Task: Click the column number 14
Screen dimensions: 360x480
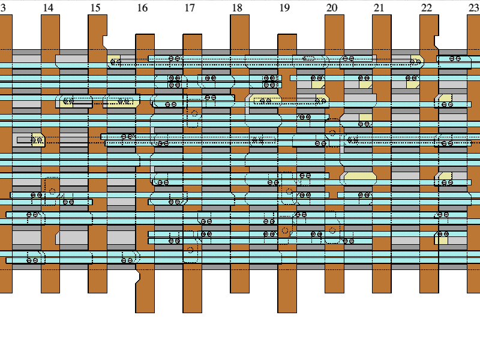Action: pos(48,8)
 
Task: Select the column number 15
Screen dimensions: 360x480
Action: pos(95,8)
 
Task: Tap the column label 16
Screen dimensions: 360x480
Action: pos(142,8)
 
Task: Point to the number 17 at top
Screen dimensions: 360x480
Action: pos(190,8)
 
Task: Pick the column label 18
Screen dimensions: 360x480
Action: pos(237,8)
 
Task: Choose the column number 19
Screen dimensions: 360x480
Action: pos(284,8)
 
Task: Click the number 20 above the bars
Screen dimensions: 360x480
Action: pos(332,8)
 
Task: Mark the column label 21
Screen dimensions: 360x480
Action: pos(379,8)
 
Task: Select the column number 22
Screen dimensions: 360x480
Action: pos(426,8)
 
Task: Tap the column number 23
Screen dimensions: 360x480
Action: pos(473,8)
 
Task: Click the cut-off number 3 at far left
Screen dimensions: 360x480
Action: pos(4,8)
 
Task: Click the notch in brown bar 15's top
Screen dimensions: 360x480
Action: pos(105,41)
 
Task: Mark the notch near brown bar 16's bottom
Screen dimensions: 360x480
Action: pos(138,277)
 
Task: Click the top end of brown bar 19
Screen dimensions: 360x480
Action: pos(287,35)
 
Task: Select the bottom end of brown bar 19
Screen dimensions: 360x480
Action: pos(287,312)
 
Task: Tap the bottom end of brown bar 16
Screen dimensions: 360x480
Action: pos(145,312)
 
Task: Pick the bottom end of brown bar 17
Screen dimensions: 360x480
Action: pos(192,312)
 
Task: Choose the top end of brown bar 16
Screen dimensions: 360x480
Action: pos(145,35)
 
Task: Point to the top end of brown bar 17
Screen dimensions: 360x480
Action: pos(192,35)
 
